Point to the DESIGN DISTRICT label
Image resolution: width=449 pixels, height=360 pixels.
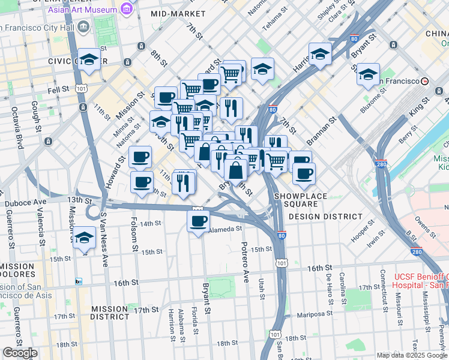coord(318,216)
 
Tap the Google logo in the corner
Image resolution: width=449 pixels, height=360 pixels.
coord(20,353)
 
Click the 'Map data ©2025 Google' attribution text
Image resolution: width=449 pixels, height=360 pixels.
coord(411,355)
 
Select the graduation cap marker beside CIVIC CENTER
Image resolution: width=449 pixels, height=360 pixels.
coord(89,59)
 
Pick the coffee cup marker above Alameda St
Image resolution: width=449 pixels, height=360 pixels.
coord(197,221)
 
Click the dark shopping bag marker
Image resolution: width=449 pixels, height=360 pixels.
coord(236,170)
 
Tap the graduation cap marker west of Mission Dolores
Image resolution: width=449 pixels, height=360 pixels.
coord(84,237)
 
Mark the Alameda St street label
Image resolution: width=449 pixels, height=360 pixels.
coord(225,229)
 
